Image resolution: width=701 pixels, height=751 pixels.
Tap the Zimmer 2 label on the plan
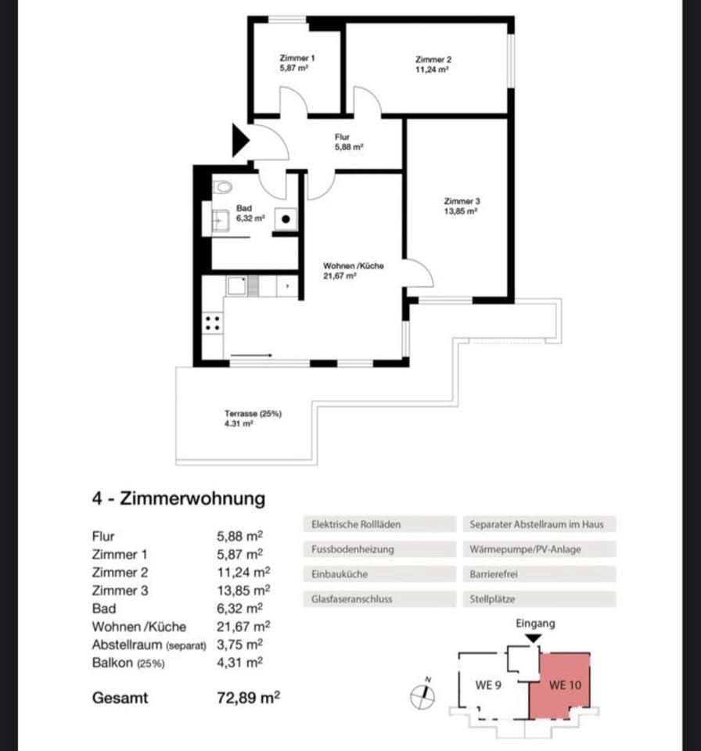(x=433, y=64)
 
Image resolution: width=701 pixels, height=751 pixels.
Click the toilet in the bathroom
(x=223, y=187)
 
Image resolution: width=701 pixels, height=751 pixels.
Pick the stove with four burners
(x=212, y=322)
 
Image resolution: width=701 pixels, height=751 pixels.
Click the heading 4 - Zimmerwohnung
(x=178, y=498)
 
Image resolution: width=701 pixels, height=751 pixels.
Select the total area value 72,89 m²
(x=248, y=697)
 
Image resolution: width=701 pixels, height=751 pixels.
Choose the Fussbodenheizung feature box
(x=379, y=549)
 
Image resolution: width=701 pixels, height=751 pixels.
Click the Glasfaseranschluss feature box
(x=379, y=599)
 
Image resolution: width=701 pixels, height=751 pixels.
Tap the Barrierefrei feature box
(x=539, y=574)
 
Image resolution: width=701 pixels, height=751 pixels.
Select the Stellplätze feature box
(x=539, y=599)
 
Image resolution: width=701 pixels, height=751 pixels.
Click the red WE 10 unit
(x=563, y=686)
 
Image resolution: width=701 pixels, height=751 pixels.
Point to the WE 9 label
(x=488, y=685)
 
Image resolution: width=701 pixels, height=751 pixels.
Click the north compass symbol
(x=423, y=692)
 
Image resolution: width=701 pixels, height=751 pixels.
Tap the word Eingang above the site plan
(x=535, y=623)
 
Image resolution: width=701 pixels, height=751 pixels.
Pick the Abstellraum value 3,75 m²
(x=239, y=644)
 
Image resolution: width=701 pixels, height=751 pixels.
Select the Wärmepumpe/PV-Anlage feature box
(x=539, y=549)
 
